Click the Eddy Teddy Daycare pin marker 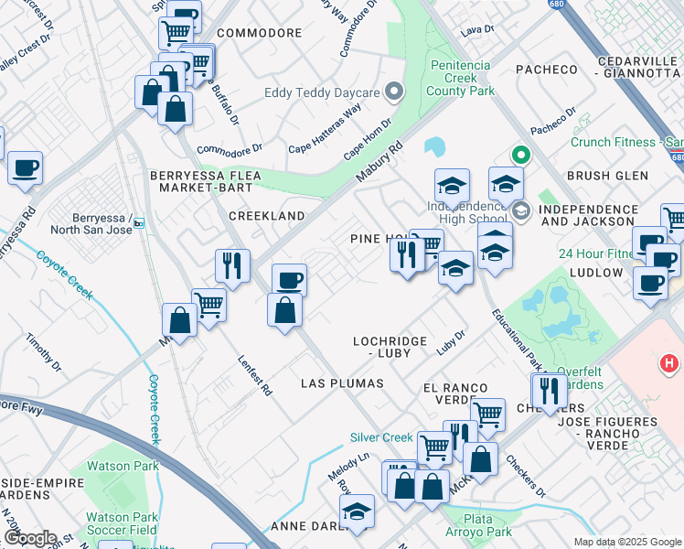coord(394,91)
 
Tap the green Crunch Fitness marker coord(521,155)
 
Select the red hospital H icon coord(669,364)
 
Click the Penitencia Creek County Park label coord(461,78)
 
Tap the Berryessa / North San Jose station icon coord(139,222)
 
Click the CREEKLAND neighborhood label coord(266,216)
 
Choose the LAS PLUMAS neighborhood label coord(342,382)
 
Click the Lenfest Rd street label coord(255,375)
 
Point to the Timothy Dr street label coord(44,352)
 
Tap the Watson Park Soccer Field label coord(121,523)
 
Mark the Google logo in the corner coord(29,538)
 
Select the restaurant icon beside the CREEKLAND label coord(233,266)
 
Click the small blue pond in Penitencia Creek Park coord(434,146)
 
